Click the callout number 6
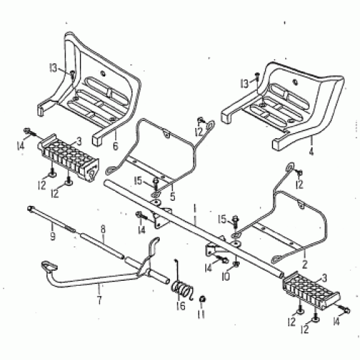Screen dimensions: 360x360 [114, 145]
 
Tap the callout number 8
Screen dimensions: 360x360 [102, 230]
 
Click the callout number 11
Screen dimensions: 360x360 [202, 315]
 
